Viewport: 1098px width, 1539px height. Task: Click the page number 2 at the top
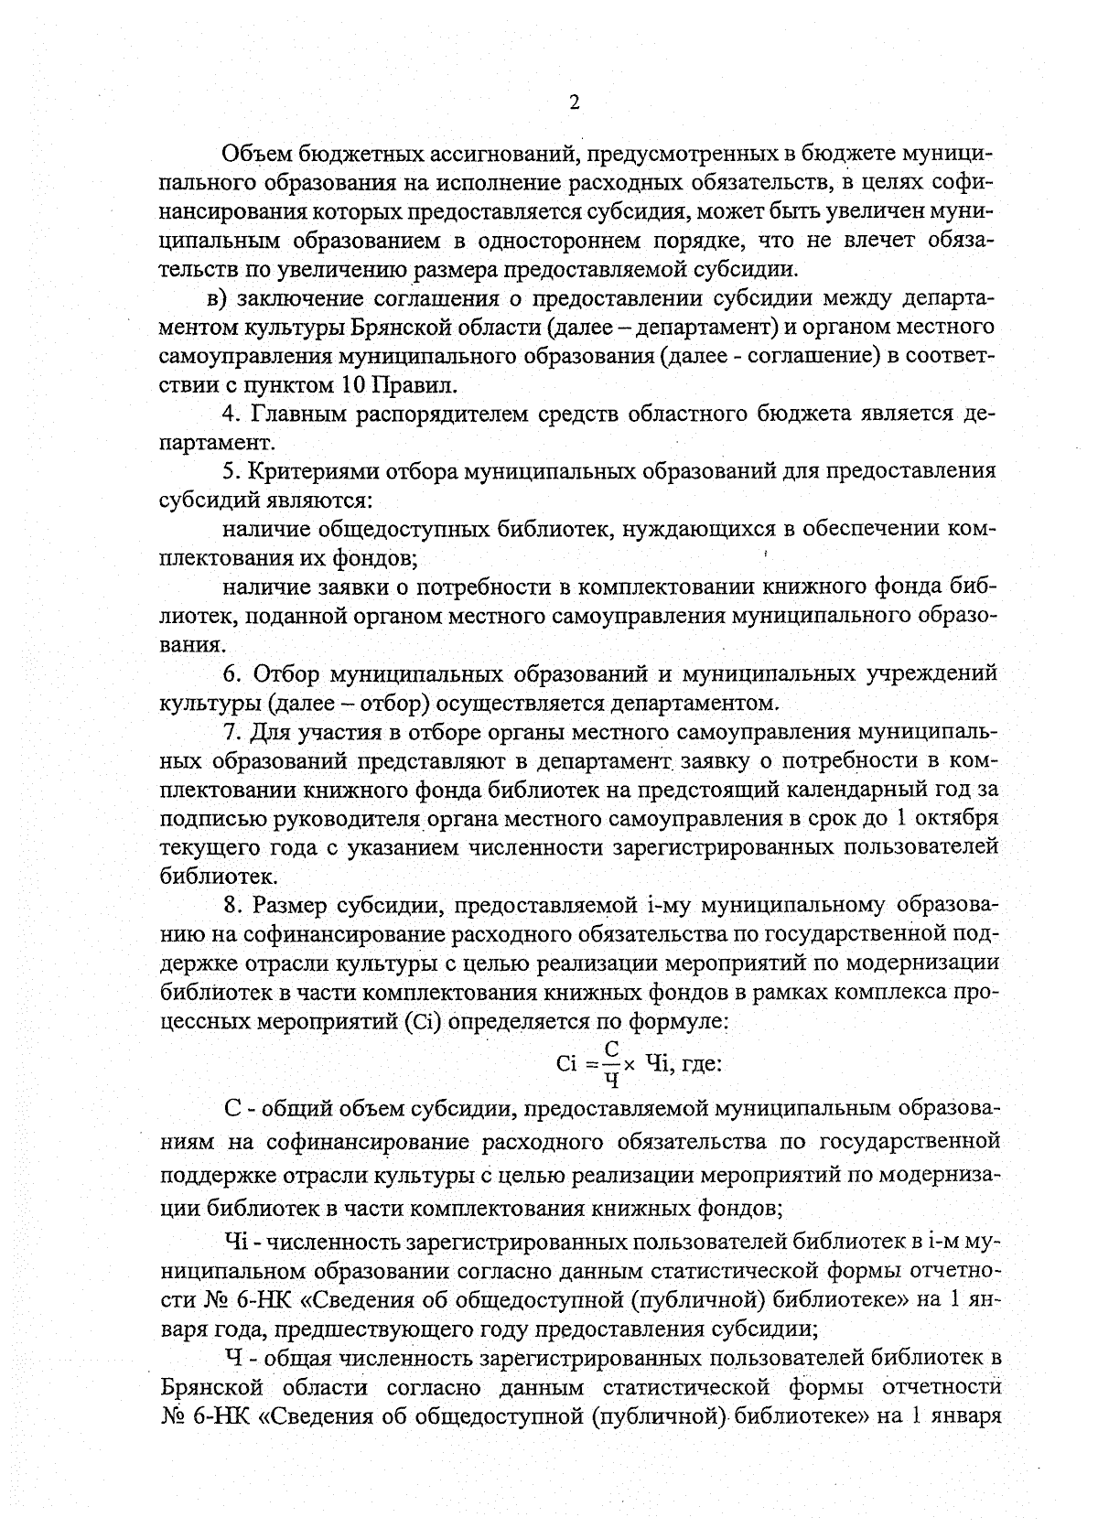[575, 102]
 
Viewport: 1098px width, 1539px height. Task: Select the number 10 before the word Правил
[356, 383]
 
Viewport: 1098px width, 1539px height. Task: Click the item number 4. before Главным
[232, 414]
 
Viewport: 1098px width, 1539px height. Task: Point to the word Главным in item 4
[294, 414]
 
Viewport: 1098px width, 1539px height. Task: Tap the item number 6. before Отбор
[232, 674]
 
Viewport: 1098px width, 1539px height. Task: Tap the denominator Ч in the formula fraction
[612, 1081]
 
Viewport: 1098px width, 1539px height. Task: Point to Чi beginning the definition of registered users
[237, 1243]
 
